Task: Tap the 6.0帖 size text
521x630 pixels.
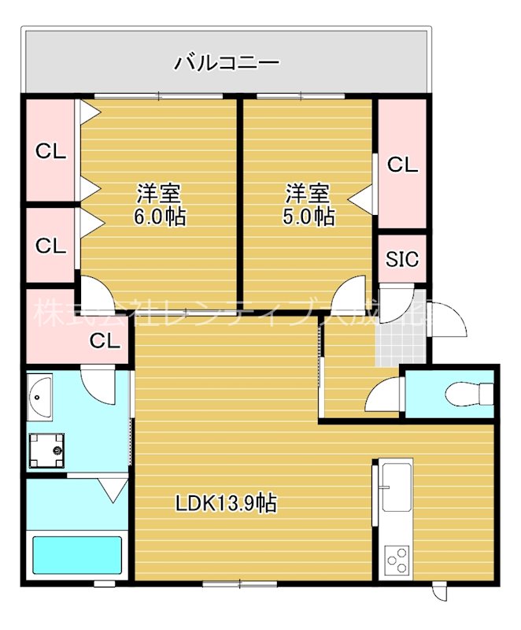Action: pos(160,217)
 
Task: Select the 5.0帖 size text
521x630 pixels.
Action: pos(308,217)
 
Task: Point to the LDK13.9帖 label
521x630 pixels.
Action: pos(225,503)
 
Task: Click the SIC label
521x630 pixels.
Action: pos(402,259)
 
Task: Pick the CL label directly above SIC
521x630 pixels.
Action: pos(402,165)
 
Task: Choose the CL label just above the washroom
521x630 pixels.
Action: pos(104,341)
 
